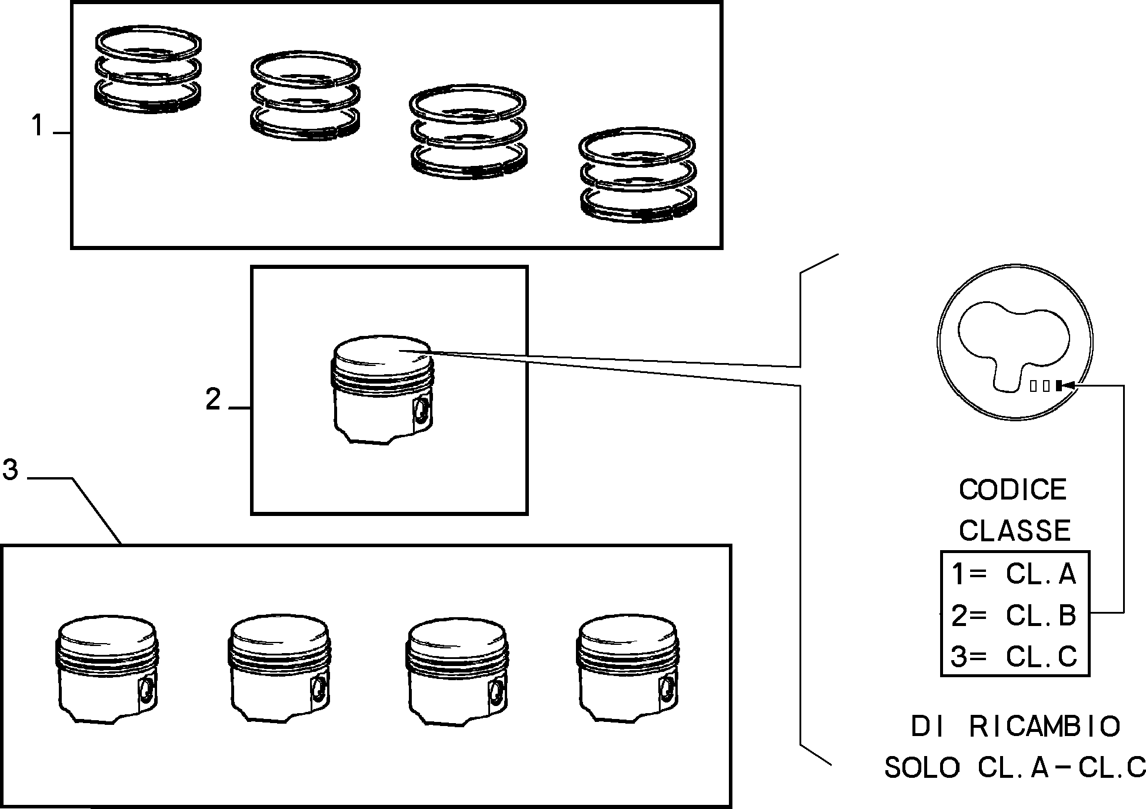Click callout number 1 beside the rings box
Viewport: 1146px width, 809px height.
click(x=38, y=126)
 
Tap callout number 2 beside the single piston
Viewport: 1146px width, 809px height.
click(x=213, y=399)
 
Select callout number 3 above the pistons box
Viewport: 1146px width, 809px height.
click(x=11, y=470)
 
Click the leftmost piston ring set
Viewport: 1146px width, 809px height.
click(x=148, y=69)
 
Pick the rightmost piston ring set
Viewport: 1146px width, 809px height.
click(x=638, y=177)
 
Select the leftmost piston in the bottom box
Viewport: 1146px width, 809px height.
click(x=108, y=670)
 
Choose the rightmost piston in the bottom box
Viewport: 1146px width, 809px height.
click(x=628, y=670)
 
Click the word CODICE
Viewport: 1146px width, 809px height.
click(x=1012, y=490)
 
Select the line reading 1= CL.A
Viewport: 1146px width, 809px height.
click(x=1014, y=574)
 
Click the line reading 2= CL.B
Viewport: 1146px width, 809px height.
click(x=1014, y=615)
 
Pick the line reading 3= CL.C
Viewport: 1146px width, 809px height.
click(x=1014, y=656)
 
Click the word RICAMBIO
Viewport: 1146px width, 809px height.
click(x=1044, y=727)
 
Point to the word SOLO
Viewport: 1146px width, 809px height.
click(x=922, y=767)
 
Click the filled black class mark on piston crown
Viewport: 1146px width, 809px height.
click(x=1058, y=386)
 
